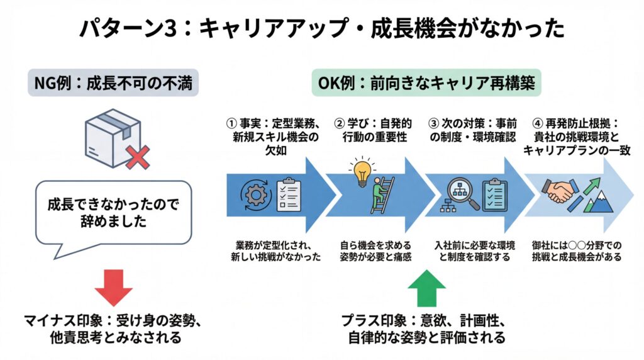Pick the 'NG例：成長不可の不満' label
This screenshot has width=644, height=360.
pos(113,84)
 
